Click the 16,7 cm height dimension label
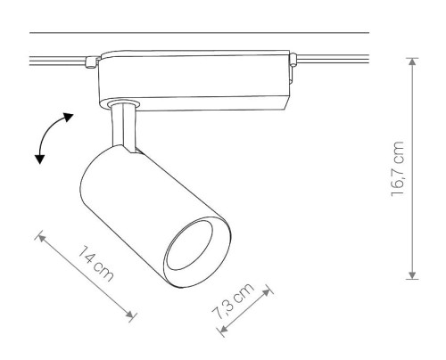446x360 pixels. [x=398, y=168]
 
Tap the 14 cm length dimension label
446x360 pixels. [x=95, y=264]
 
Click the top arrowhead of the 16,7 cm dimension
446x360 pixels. [x=412, y=61]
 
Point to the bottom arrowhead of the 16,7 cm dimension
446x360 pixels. [x=412, y=275]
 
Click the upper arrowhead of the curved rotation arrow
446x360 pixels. [x=68, y=117]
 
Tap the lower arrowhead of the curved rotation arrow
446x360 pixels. [x=39, y=160]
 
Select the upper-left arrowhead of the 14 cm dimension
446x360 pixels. [x=42, y=238]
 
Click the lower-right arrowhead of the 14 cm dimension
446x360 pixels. [x=129, y=315]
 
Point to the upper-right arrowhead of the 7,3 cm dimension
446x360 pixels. [x=267, y=292]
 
